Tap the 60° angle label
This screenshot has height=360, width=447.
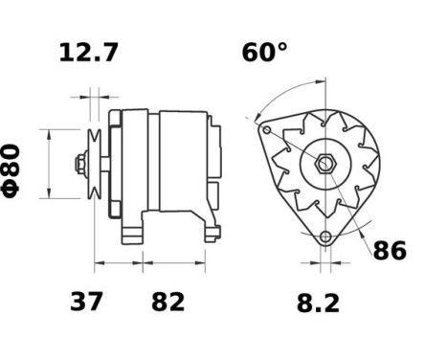pos(264,53)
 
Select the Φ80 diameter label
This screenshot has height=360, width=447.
pos(12,169)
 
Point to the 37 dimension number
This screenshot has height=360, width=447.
pos(88,303)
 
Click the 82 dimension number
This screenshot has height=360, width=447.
pos(168,303)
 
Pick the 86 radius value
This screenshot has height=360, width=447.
pos(389,251)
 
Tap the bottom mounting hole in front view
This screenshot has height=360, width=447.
pos(325,236)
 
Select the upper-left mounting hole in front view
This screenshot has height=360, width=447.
pos(268,130)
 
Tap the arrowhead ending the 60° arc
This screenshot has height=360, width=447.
pos(257,118)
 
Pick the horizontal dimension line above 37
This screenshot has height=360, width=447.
pos(119,260)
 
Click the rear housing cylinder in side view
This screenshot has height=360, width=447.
pos(182,161)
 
